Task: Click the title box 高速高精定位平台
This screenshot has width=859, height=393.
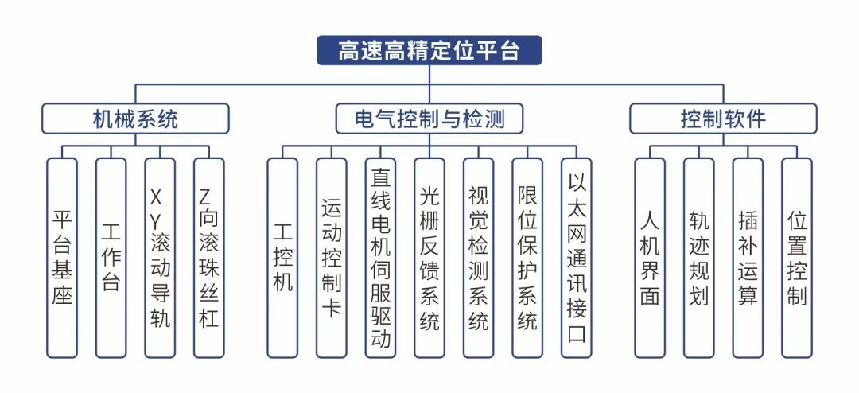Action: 429,51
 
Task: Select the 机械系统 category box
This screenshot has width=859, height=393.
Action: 135,119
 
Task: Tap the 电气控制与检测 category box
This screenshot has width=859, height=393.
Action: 429,119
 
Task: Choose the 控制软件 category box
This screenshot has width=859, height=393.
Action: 723,119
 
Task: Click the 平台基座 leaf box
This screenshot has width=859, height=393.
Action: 62,257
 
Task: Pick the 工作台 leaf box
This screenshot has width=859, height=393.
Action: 111,257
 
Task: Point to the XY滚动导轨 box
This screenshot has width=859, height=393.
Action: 160,257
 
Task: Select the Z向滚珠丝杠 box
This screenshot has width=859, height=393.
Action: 209,257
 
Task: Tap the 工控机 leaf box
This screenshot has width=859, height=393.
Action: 282,257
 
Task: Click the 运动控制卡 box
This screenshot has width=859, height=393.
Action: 331,257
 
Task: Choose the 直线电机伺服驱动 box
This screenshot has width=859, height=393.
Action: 380,257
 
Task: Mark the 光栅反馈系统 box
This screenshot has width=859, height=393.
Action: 429,257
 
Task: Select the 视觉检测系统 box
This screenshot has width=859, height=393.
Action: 479,257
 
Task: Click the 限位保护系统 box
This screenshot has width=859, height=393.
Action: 527,257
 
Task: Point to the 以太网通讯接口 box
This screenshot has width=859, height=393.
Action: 577,257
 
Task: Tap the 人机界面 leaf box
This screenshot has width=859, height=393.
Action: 650,257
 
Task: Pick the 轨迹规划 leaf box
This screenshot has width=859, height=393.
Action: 699,257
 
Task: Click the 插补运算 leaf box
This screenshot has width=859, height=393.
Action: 748,257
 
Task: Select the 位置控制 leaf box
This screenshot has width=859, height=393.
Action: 797,257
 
